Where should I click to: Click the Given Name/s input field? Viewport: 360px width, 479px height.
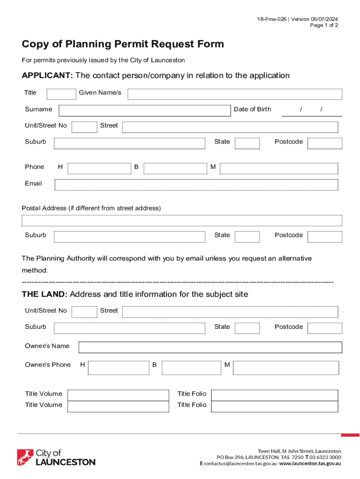(235, 94)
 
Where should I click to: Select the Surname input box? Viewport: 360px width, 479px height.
(144, 110)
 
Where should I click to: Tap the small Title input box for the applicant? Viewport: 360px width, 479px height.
(61, 94)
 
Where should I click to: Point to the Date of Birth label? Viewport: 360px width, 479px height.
(252, 109)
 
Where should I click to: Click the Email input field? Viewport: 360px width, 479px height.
(196, 185)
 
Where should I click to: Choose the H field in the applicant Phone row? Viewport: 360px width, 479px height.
(99, 168)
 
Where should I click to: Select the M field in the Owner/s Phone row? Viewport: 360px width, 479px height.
(285, 368)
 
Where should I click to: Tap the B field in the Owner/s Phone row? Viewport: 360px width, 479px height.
(191, 368)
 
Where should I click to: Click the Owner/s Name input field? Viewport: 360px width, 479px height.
(210, 347)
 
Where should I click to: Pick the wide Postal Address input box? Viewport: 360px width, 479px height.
(182, 221)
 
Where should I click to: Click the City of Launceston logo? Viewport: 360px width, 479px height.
(56, 457)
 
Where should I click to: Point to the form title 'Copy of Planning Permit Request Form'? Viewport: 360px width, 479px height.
(123, 44)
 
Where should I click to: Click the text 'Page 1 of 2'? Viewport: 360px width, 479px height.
(324, 25)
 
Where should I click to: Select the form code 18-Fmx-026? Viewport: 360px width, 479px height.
(271, 19)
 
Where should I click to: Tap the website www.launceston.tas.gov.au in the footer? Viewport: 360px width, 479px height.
(310, 464)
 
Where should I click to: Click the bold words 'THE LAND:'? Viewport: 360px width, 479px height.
(45, 294)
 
